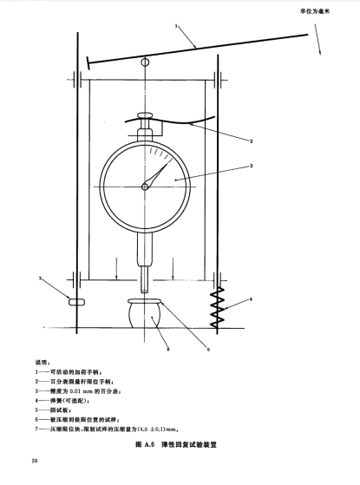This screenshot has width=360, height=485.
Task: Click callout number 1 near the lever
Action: tap(176, 26)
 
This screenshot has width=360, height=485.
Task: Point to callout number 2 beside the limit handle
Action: tap(252, 141)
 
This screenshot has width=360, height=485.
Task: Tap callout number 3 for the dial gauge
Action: tap(252, 166)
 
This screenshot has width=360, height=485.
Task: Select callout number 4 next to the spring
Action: tap(251, 299)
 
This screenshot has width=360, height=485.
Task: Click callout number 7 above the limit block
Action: tap(40, 279)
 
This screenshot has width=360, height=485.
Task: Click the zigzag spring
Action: tap(217, 306)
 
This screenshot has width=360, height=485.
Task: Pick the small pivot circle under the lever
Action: tap(145, 62)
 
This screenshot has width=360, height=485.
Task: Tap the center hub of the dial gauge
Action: tap(145, 187)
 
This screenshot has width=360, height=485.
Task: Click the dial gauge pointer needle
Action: tap(157, 175)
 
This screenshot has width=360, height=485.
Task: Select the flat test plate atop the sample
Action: tap(145, 301)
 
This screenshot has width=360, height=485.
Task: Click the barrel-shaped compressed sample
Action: tap(145, 316)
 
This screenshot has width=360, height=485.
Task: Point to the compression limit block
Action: tap(76, 302)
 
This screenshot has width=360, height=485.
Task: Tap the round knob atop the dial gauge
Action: tap(145, 115)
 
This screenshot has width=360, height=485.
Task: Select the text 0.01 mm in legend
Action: tap(82, 391)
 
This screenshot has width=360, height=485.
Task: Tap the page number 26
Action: tap(35, 461)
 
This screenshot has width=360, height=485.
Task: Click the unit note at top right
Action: tap(315, 11)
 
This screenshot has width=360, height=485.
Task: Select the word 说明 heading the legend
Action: tap(40, 362)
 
